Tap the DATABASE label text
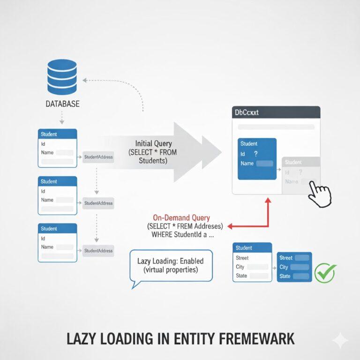pyautogui.click(x=62, y=103)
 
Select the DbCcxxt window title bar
pyautogui.click(x=276, y=112)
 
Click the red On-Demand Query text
pyautogui.click(x=181, y=217)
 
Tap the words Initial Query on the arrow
pyautogui.click(x=153, y=143)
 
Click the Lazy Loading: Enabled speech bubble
pyautogui.click(x=171, y=265)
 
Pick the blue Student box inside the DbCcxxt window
pyautogui.click(x=257, y=158)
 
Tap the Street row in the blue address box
pyautogui.click(x=294, y=258)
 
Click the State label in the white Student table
pyautogui.click(x=242, y=276)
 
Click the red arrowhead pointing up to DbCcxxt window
pyautogui.click(x=268, y=201)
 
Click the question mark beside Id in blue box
pyautogui.click(x=255, y=154)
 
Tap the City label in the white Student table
pyautogui.click(x=241, y=267)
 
